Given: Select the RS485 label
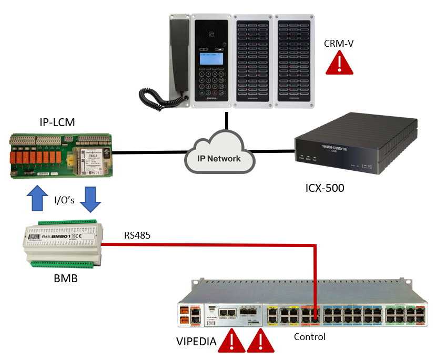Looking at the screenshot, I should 137,235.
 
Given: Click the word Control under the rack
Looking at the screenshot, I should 310,336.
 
